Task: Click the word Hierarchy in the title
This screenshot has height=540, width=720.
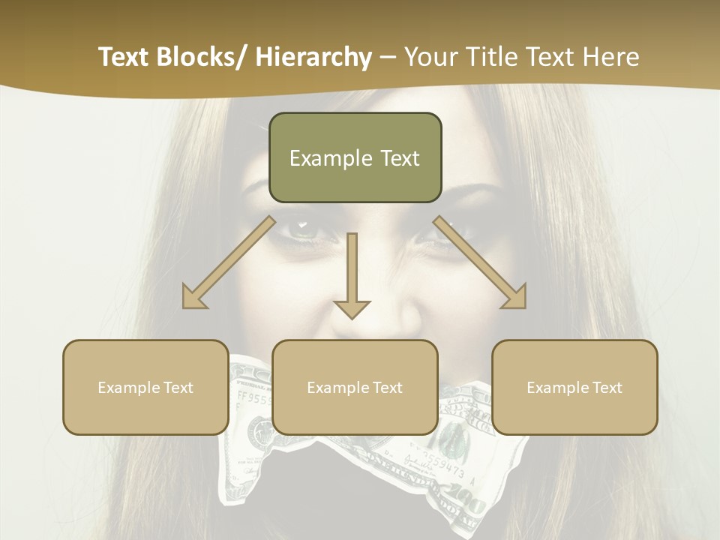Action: click(313, 57)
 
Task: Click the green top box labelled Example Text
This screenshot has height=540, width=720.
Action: click(355, 157)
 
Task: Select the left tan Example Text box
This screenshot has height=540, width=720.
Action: click(145, 387)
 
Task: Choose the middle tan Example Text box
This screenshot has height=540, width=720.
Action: click(355, 387)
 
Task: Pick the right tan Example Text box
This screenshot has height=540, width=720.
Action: click(574, 387)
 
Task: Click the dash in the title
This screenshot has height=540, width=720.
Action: click(388, 57)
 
